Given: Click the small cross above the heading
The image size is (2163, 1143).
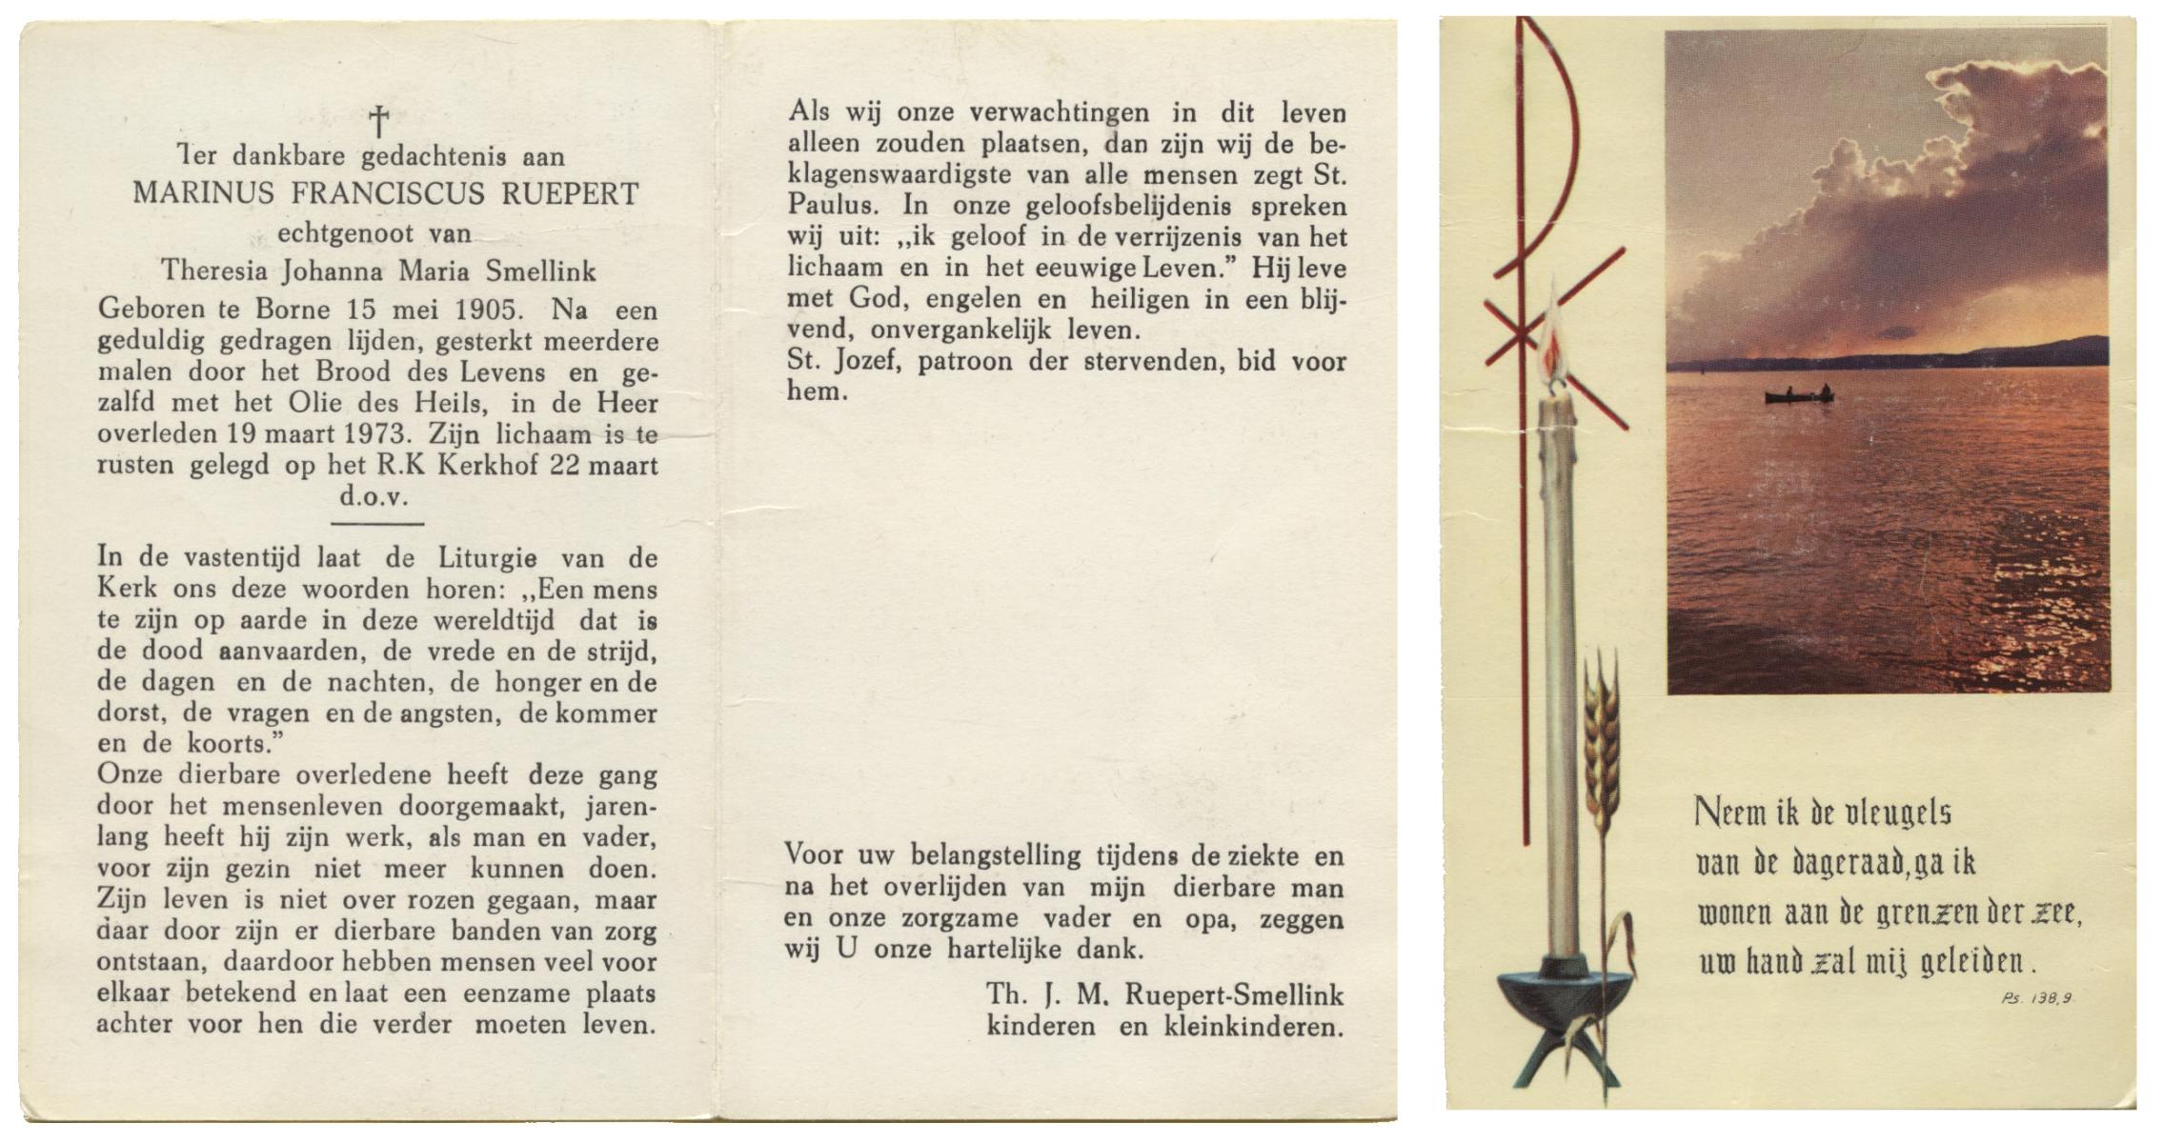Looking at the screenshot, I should (x=378, y=122).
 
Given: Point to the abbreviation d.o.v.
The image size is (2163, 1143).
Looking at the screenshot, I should (x=374, y=496).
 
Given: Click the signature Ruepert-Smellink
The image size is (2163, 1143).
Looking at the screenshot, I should (x=1234, y=995).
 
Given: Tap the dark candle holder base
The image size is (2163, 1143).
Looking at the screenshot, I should (x=1557, y=1000).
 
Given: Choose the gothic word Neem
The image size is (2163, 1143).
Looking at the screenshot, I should (x=1720, y=812).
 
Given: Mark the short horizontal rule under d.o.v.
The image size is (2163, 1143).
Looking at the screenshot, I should (x=376, y=523).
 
